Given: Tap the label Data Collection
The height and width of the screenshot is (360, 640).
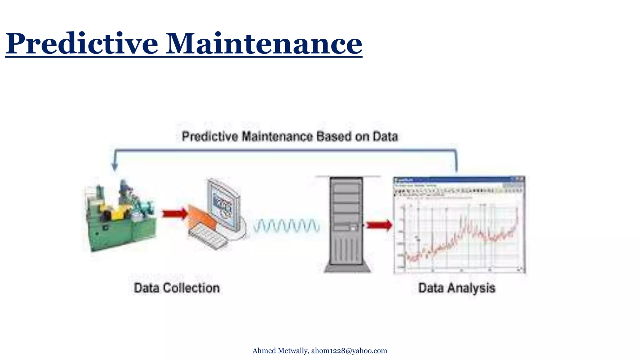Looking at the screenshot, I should [x=177, y=288].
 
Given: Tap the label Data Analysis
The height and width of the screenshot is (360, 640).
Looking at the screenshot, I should [x=457, y=288].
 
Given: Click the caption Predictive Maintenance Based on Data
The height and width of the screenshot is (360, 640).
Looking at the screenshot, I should [x=290, y=137].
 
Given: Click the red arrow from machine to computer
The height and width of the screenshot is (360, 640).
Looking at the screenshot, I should [x=174, y=214].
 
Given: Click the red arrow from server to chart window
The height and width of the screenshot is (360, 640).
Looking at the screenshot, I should [x=378, y=225].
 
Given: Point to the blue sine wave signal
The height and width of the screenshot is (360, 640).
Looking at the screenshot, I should [x=286, y=226].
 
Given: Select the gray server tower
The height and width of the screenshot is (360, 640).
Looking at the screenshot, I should [x=346, y=222].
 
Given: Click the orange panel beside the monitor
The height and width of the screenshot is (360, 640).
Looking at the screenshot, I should [x=202, y=217].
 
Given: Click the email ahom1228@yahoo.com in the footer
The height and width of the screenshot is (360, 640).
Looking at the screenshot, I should [x=349, y=351].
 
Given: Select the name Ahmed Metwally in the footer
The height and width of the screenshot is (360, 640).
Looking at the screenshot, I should [x=280, y=351].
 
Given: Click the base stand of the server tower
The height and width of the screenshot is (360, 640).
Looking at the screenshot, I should [x=347, y=268].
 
